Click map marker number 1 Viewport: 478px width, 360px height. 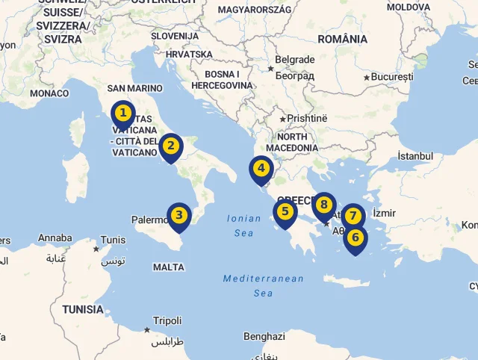[x=123, y=115]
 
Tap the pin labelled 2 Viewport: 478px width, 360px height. [x=171, y=146]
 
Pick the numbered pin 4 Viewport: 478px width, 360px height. [x=261, y=169]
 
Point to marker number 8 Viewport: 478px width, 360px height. [x=323, y=205]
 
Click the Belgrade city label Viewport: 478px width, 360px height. [x=294, y=59]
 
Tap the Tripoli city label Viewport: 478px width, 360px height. [x=167, y=320]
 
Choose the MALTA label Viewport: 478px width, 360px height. [x=168, y=267]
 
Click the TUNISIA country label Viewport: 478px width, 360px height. [x=83, y=309]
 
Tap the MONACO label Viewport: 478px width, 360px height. [x=49, y=93]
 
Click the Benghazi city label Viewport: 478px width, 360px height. [x=264, y=337]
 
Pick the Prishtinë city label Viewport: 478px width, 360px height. [x=308, y=118]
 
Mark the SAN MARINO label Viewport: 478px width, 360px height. [x=134, y=88]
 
